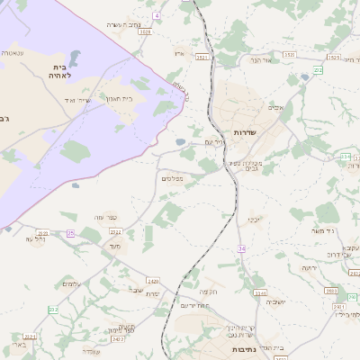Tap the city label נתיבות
point(245,348)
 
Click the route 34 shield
point(241,248)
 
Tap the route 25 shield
point(70,233)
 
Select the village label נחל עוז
point(36,238)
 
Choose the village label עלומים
point(71,284)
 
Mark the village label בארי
point(19,344)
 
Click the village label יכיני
point(254,219)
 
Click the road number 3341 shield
point(260,292)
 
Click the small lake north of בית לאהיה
point(74,58)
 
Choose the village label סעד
point(113,246)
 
